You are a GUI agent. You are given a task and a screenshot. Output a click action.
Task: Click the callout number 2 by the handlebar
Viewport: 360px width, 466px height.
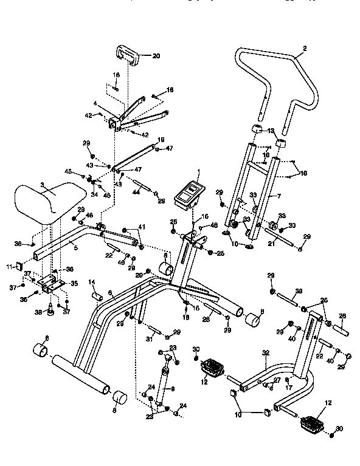pos(305,49)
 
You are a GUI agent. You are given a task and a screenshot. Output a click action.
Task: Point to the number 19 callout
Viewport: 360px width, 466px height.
pos(161,140)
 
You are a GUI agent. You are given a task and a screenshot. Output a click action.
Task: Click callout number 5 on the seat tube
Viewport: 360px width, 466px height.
pos(76,247)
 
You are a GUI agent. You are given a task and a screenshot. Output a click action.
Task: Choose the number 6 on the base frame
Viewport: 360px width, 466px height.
pos(110,293)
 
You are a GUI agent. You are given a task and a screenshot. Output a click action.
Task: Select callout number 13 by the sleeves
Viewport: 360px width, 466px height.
pos(271,131)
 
